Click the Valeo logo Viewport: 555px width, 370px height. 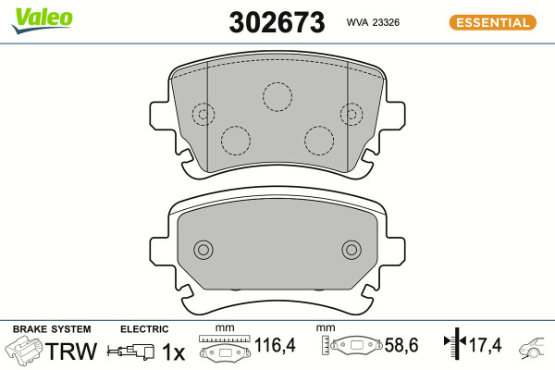42,19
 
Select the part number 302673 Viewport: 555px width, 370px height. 277,22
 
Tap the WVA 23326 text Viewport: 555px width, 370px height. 373,22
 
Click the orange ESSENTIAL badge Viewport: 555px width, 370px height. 493,22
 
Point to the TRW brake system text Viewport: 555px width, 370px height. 71,351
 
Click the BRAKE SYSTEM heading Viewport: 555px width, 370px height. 52,329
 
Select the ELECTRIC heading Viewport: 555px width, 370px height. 144,329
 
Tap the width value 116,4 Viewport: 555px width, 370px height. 275,345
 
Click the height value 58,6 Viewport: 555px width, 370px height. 401,345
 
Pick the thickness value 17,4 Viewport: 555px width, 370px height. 486,345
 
